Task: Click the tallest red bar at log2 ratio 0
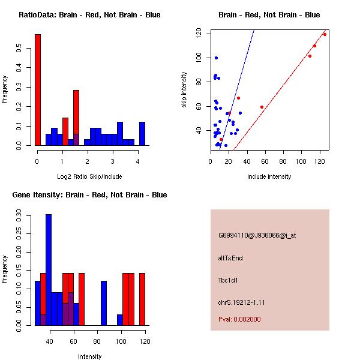point(38,90)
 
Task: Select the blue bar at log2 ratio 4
point(142,134)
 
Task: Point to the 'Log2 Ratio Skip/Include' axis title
point(89,176)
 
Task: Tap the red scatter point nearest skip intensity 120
point(325,34)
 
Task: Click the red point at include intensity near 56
point(262,107)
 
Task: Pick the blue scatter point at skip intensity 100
point(216,58)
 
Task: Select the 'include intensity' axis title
point(269,176)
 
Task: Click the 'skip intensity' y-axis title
point(185,90)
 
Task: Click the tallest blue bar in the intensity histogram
point(49,270)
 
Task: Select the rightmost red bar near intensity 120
point(142,299)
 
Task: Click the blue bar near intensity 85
point(104,303)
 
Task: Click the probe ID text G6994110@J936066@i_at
point(257,235)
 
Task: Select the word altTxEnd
point(230,258)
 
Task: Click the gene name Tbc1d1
point(228,280)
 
